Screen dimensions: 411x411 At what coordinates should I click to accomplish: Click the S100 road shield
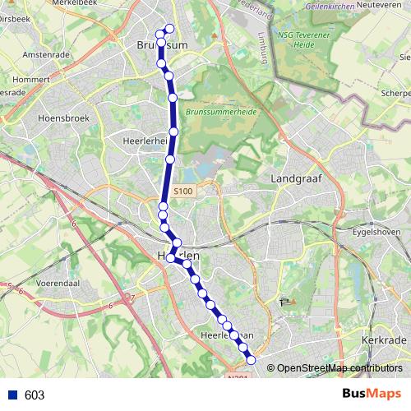click(x=184, y=192)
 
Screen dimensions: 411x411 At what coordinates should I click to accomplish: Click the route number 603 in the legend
click(x=35, y=395)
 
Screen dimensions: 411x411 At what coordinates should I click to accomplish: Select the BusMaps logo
click(x=372, y=395)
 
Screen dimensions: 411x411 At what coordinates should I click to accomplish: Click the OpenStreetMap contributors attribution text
click(x=339, y=368)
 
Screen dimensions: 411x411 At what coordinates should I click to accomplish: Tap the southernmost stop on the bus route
click(x=251, y=359)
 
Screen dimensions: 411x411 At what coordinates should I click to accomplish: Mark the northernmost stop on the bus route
click(x=170, y=29)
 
